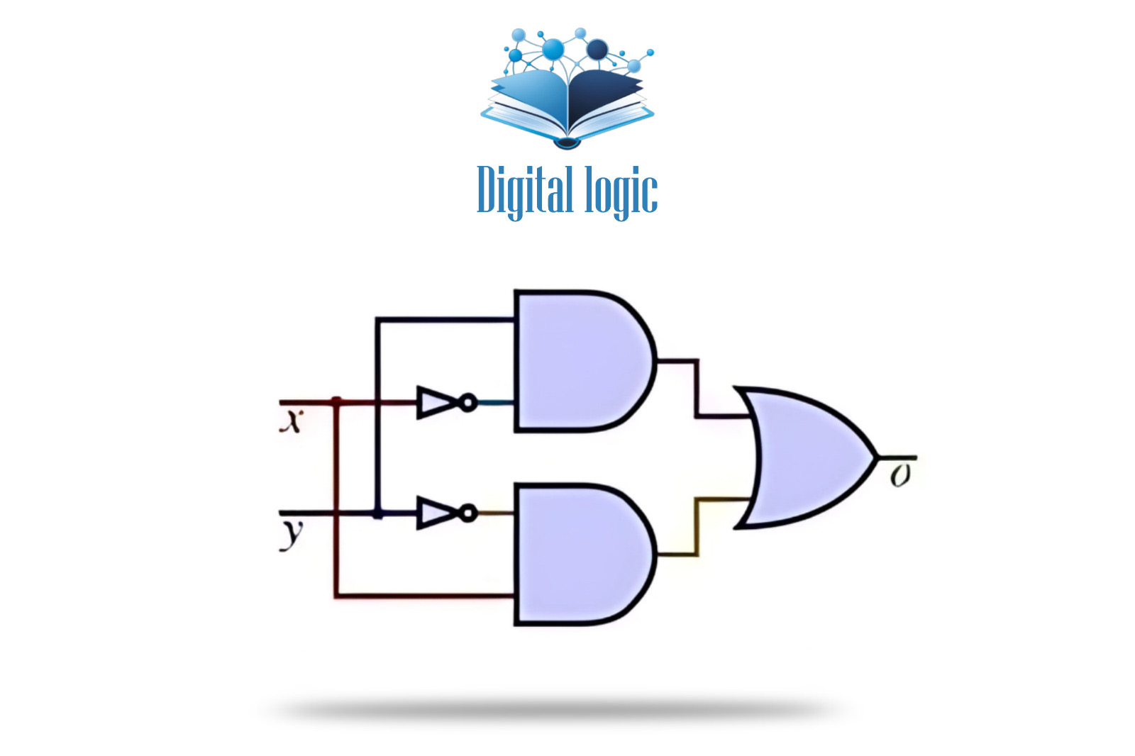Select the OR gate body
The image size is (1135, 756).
coord(805,457)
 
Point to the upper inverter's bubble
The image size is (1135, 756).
coord(468,403)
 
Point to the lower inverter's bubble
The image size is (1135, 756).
coord(468,512)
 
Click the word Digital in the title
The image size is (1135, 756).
coord(524,190)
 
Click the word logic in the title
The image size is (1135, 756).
coord(621,191)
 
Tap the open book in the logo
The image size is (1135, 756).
coord(567,106)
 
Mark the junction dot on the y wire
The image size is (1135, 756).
coord(377,513)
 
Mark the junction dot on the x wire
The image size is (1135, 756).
coord(336,402)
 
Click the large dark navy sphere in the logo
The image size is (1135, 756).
coord(597,50)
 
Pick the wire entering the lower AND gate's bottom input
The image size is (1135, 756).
coord(426,596)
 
